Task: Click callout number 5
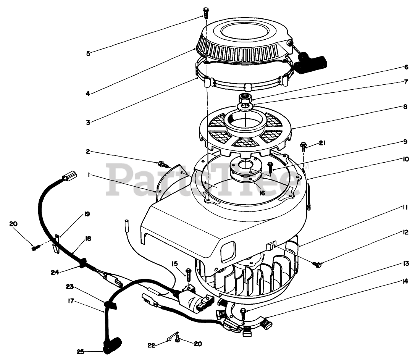88,53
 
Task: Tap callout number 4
88,93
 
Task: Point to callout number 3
88,123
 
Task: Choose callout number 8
405,107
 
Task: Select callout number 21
322,143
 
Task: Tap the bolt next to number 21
304,145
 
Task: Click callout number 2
88,152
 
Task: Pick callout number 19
87,214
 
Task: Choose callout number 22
151,345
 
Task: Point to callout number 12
405,232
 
